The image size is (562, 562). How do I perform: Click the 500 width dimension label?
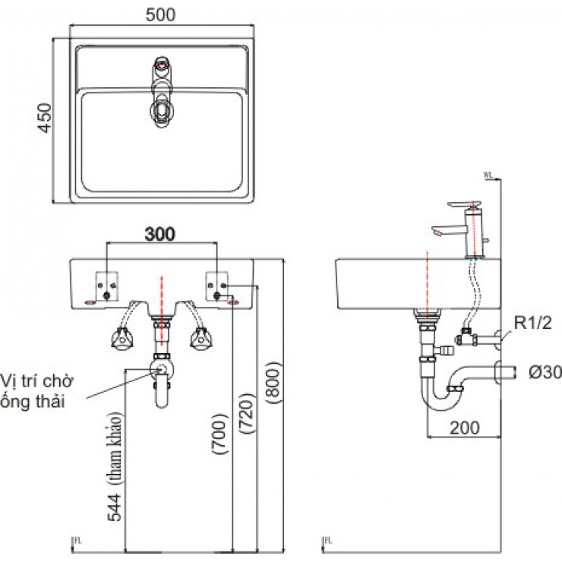161,14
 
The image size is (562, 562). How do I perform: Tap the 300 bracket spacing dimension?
160,235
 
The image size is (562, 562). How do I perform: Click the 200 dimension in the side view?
463,427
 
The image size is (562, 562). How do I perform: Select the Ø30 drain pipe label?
540,372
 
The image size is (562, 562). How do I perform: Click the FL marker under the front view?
75,541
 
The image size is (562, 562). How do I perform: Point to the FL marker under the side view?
328,541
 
